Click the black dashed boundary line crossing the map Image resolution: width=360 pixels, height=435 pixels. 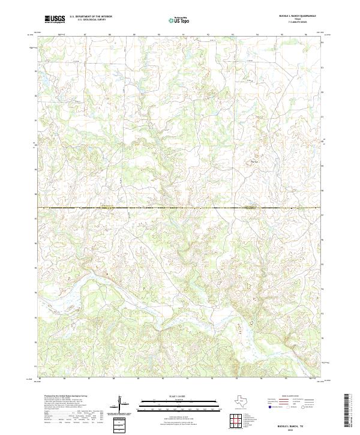180,208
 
